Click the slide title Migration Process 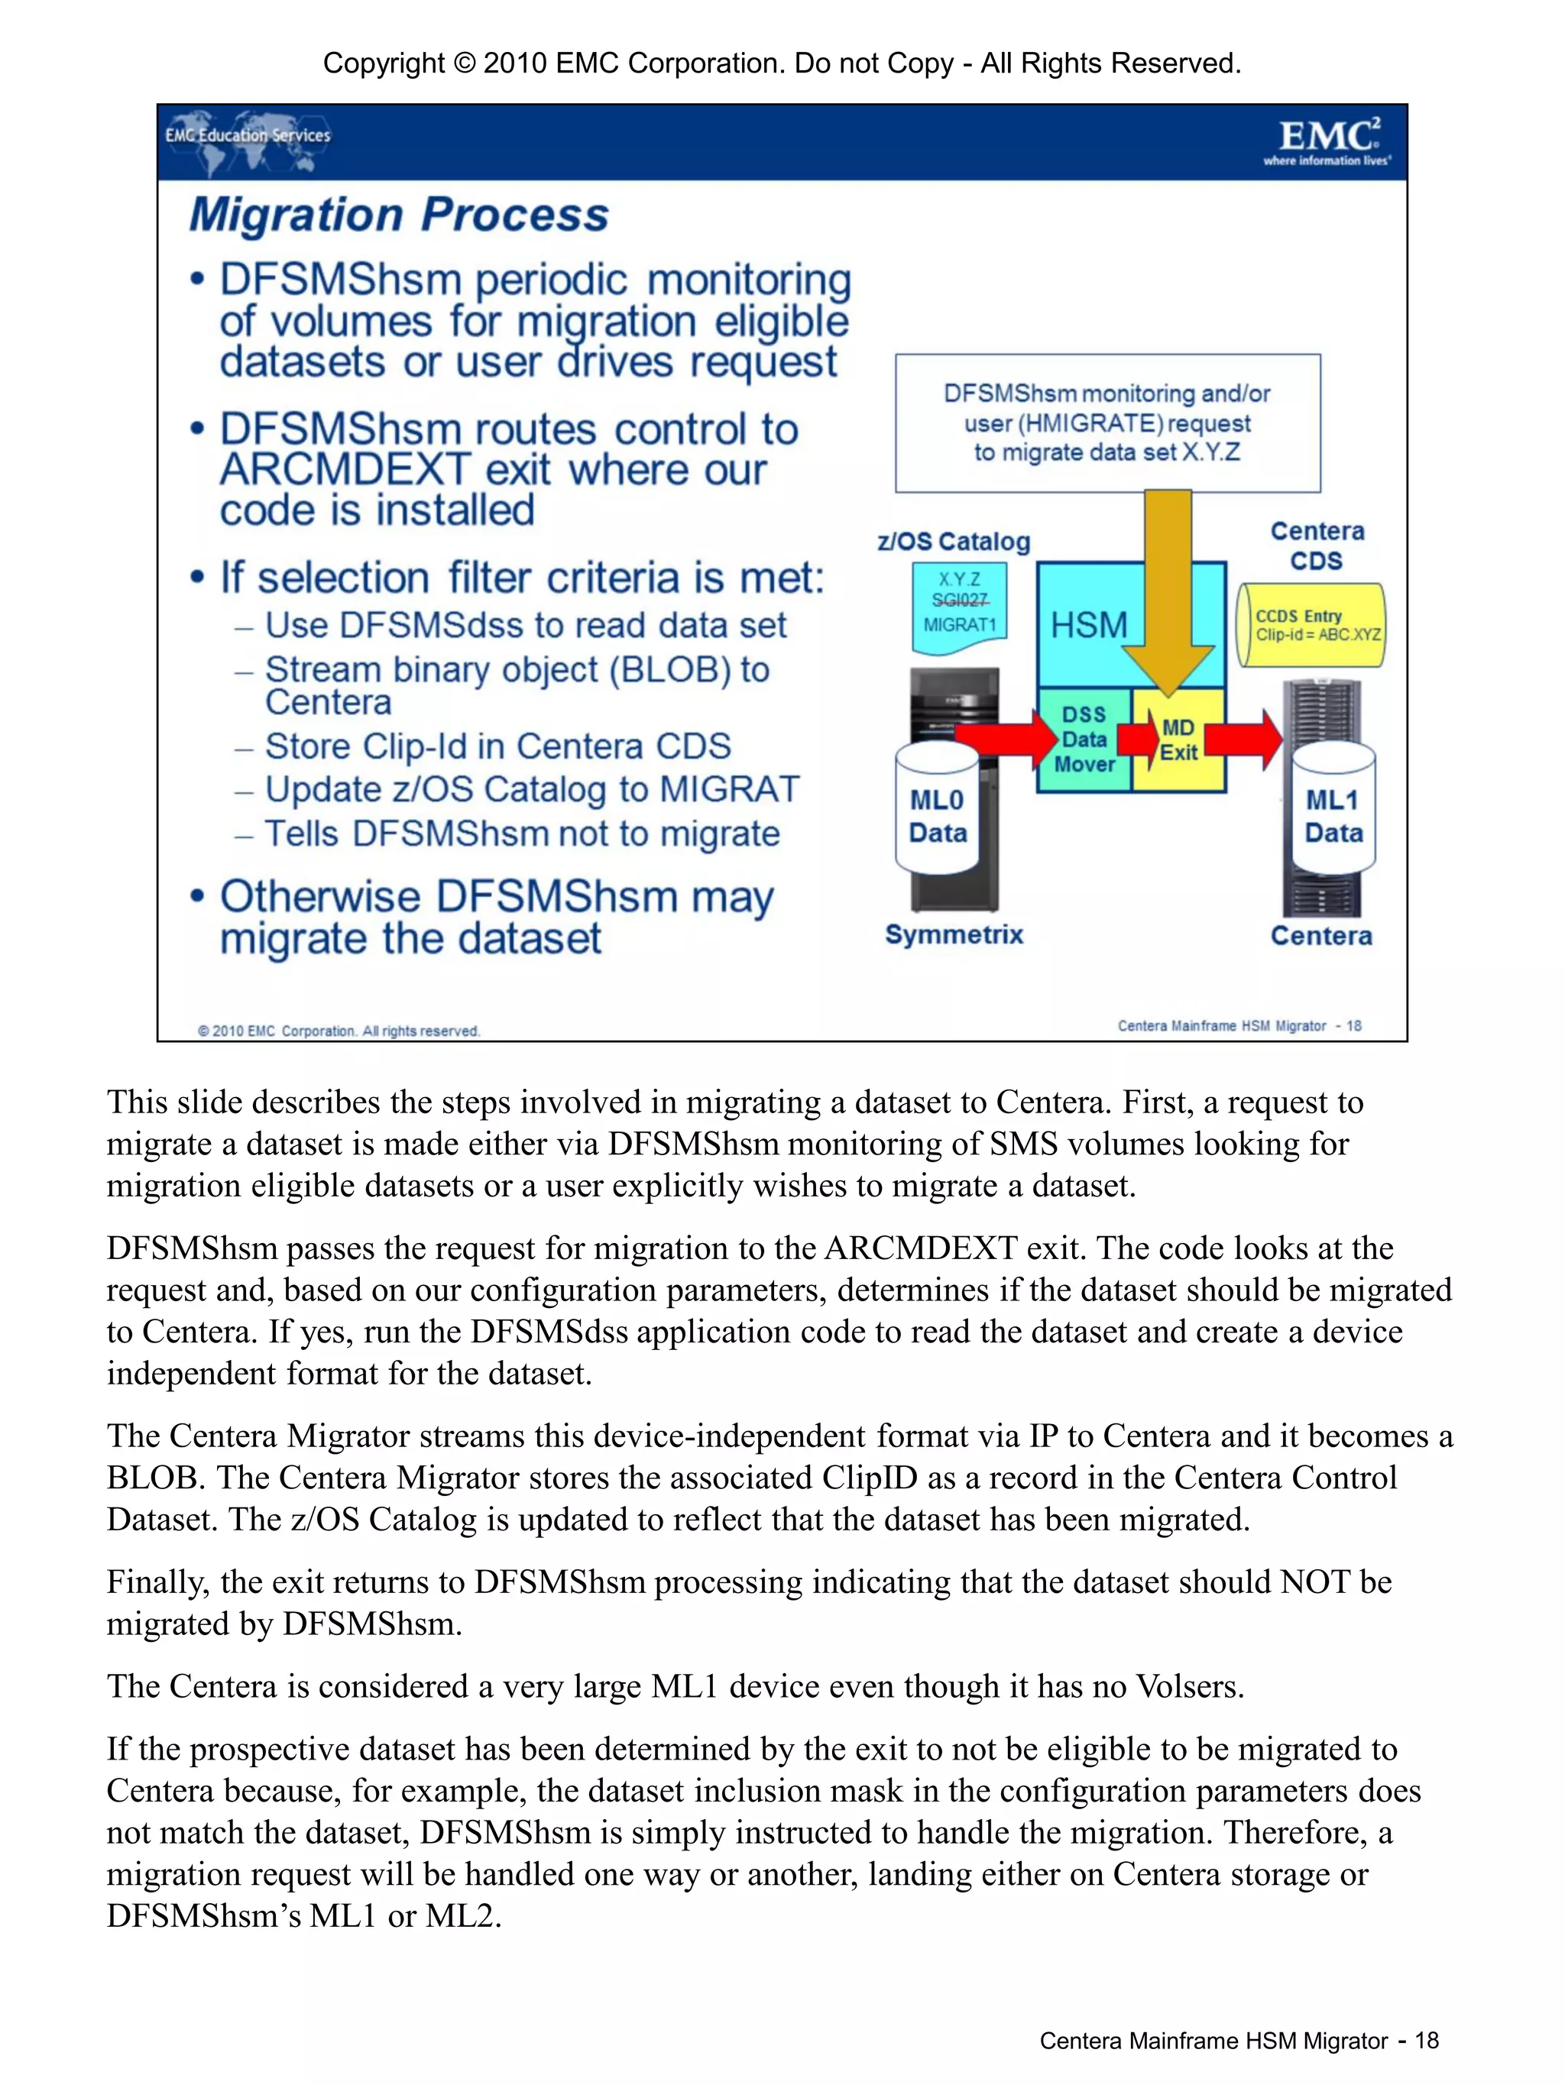tap(399, 215)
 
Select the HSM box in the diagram tap(1088, 625)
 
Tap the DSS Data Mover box tap(1084, 740)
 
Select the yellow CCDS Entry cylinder tap(1311, 625)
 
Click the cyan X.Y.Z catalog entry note tap(959, 604)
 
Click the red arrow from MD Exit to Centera tap(1243, 739)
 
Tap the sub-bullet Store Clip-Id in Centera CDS tap(497, 746)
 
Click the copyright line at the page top tap(782, 63)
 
